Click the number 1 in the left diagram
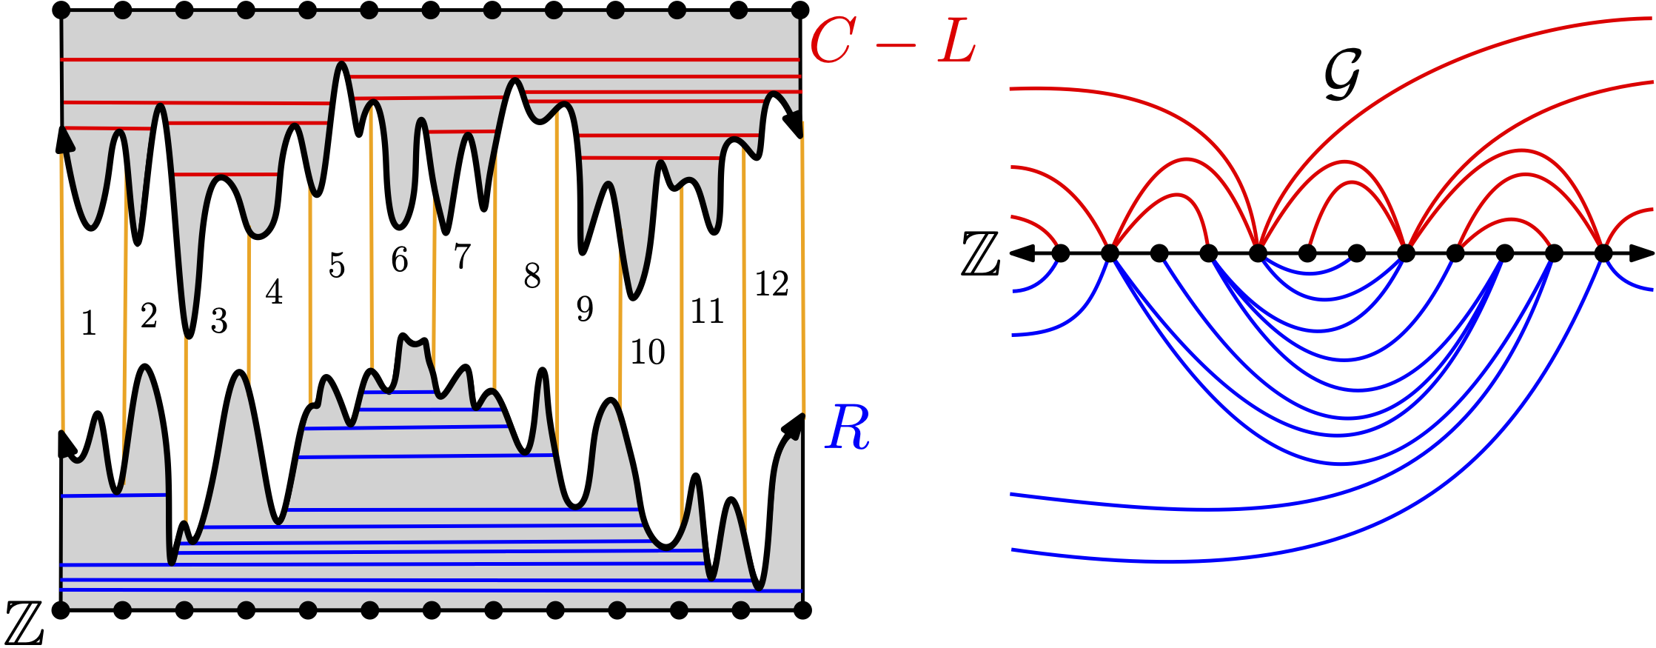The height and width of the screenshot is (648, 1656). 89,323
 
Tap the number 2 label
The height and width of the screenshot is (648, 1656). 149,316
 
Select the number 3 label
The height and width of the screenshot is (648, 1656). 218,321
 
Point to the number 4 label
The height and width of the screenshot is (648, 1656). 274,293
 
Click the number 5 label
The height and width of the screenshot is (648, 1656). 337,265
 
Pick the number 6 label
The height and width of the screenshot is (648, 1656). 400,260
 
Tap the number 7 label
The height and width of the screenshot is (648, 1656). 462,256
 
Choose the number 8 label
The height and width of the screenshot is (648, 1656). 532,275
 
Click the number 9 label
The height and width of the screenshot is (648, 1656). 585,308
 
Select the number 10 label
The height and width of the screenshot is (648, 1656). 648,352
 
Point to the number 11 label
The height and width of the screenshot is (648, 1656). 707,311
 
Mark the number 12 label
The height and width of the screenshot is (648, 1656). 771,284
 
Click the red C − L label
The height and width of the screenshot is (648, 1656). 893,41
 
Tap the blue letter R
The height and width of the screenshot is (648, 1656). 848,428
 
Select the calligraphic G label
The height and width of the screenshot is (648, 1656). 1342,75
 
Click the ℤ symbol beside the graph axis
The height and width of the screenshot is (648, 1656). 981,254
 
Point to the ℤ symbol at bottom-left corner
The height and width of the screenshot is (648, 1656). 24,623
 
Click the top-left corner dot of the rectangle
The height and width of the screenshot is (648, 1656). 61,11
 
